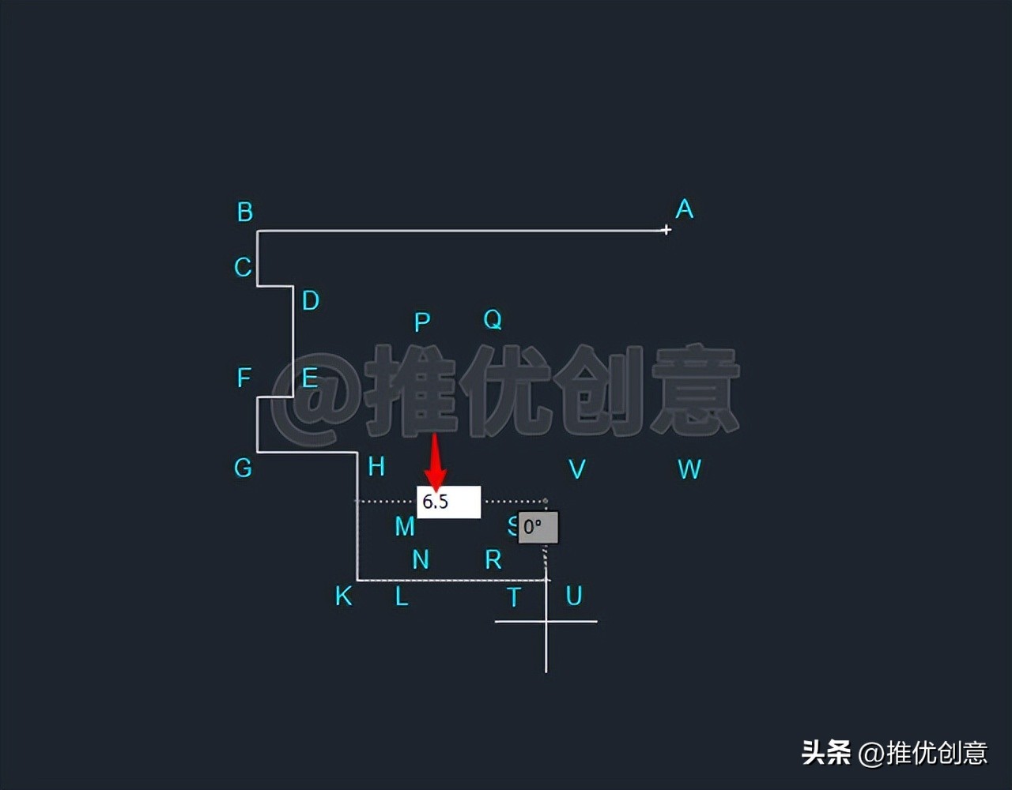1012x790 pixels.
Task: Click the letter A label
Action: (684, 209)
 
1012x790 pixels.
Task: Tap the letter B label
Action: (245, 212)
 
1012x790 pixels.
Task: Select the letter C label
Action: (243, 267)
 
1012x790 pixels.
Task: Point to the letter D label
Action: (310, 301)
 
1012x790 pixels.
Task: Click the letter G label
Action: (243, 468)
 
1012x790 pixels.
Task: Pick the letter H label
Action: (376, 467)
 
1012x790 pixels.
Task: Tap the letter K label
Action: (343, 596)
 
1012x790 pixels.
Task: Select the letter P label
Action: (422, 322)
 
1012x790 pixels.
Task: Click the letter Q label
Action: (493, 319)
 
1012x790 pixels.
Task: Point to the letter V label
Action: (577, 469)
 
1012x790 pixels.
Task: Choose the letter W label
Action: (689, 469)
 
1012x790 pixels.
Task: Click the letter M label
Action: (405, 526)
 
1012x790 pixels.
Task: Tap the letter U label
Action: (574, 596)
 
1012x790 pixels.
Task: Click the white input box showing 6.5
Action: (448, 502)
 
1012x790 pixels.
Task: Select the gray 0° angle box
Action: (538, 527)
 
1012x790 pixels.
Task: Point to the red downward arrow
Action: (435, 462)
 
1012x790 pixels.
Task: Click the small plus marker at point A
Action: (666, 230)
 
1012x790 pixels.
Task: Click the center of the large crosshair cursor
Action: (546, 622)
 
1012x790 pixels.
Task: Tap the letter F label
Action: (244, 378)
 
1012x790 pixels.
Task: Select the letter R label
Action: (493, 559)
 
